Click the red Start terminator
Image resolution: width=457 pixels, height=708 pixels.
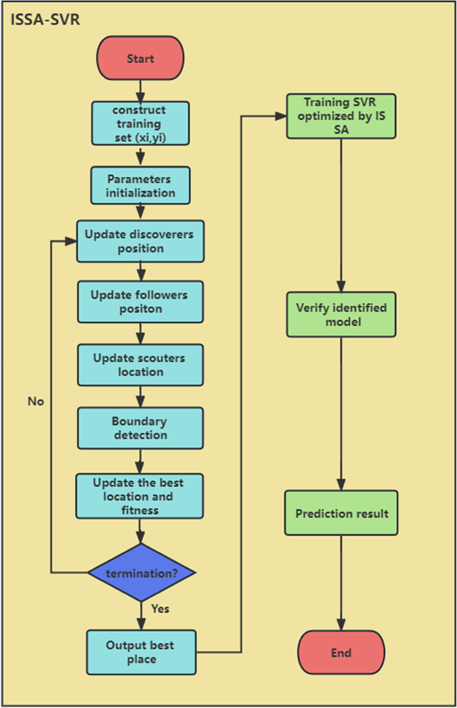pyautogui.click(x=140, y=59)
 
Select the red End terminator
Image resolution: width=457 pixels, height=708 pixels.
pyautogui.click(x=341, y=653)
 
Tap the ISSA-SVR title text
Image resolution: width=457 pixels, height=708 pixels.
pyautogui.click(x=45, y=20)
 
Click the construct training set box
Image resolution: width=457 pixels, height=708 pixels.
pyautogui.click(x=140, y=123)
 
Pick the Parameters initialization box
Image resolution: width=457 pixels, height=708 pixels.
pyautogui.click(x=140, y=186)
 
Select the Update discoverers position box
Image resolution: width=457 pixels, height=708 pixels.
pyautogui.click(x=140, y=241)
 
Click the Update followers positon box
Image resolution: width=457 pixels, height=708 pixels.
pyautogui.click(x=140, y=302)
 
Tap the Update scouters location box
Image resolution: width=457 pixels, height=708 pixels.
pyautogui.click(x=140, y=365)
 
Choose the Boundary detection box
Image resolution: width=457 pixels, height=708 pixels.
pyautogui.click(x=140, y=428)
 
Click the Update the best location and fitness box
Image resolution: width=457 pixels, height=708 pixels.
pyautogui.click(x=139, y=496)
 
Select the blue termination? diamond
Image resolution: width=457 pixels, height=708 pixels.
pyautogui.click(x=141, y=573)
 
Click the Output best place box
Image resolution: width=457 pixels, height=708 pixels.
pyautogui.click(x=141, y=652)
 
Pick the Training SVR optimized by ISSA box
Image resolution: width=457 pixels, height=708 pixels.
pyautogui.click(x=341, y=116)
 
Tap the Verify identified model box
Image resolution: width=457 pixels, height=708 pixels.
pyautogui.click(x=341, y=315)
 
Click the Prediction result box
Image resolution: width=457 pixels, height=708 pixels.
pyautogui.click(x=341, y=513)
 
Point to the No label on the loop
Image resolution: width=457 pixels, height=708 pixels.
pyautogui.click(x=36, y=401)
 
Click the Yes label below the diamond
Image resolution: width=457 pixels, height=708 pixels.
pyautogui.click(x=160, y=609)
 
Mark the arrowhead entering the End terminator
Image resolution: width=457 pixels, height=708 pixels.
pyautogui.click(x=341, y=625)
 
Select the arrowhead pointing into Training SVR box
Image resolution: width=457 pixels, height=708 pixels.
pyautogui.click(x=281, y=116)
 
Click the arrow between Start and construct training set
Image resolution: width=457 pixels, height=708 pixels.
pyautogui.click(x=140, y=91)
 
